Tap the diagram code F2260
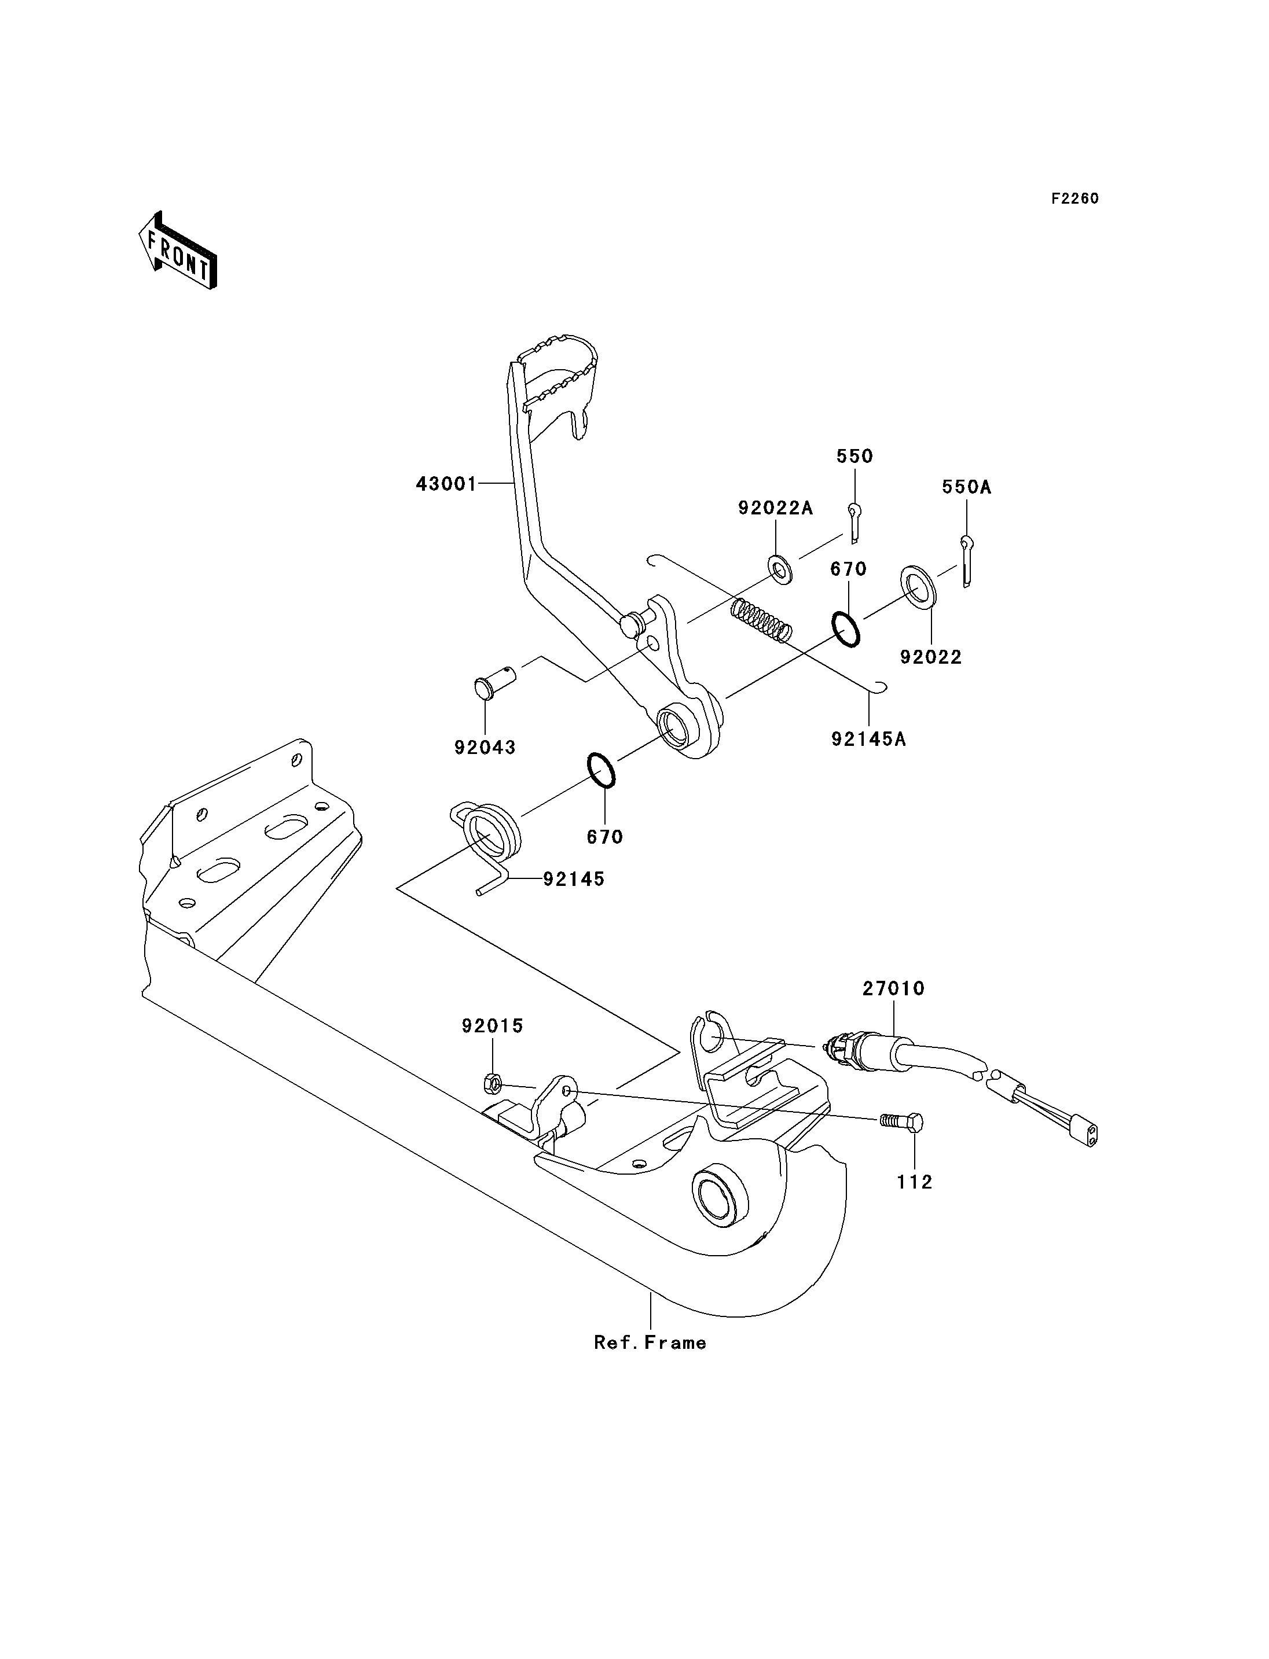click(x=1075, y=198)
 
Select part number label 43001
click(x=446, y=484)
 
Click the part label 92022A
click(x=776, y=508)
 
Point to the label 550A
click(x=966, y=487)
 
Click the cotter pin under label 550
click(x=853, y=523)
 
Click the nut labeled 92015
click(x=491, y=1084)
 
